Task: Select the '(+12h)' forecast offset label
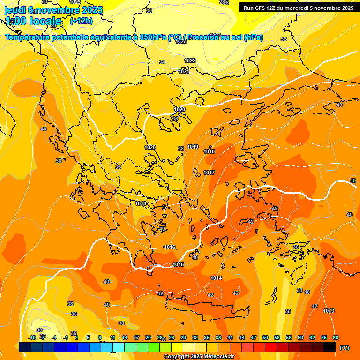(x=81, y=21)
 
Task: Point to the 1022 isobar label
(x=190, y=60)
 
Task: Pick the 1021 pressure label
(x=184, y=71)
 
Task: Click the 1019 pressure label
(x=193, y=147)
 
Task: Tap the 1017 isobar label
(x=209, y=172)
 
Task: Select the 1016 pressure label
(x=170, y=247)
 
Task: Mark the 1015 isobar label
(x=178, y=264)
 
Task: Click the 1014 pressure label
(x=216, y=278)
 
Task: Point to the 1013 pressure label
(x=329, y=311)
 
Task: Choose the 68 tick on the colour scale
(x=336, y=337)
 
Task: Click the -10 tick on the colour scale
(x=32, y=337)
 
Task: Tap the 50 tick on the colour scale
(x=265, y=337)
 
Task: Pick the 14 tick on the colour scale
(x=125, y=337)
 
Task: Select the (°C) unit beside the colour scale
(x=345, y=347)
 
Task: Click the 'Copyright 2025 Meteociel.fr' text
(x=199, y=356)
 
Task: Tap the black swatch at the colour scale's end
(x=330, y=347)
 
